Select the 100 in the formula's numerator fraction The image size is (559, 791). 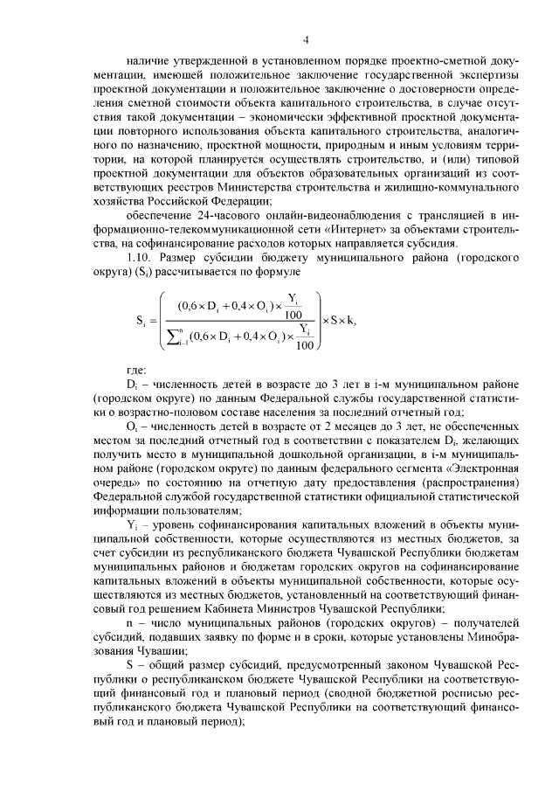pos(293,316)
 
